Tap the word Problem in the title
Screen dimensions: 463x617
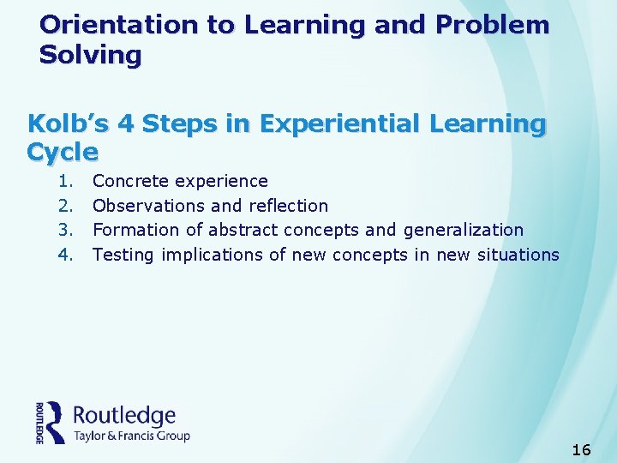[x=492, y=25]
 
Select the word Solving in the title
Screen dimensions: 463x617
[x=90, y=56]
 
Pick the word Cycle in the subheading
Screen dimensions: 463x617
[x=63, y=153]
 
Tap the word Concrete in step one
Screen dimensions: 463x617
[x=131, y=181]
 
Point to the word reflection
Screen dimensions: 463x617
[x=288, y=206]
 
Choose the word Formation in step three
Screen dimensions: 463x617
[x=133, y=230]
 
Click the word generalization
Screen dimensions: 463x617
[x=463, y=230]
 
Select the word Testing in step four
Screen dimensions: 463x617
[x=123, y=255]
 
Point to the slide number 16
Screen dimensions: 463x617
[x=581, y=449]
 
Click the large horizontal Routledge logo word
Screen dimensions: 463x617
[x=125, y=416]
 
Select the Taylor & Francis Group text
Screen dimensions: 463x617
[x=132, y=436]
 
